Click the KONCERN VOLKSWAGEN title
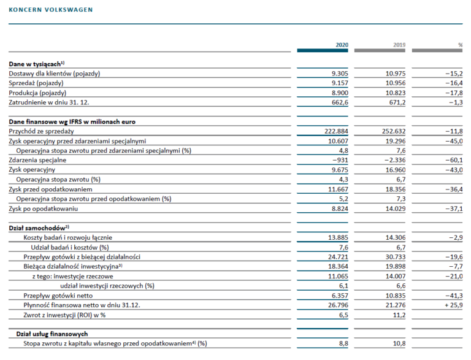(51, 10)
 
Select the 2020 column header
(342, 45)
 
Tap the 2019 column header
(399, 45)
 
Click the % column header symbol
(460, 45)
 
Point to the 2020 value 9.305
(340, 74)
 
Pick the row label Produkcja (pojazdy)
(37, 93)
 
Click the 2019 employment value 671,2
(397, 102)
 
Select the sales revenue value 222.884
(336, 131)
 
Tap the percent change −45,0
(454, 141)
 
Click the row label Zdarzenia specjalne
(37, 160)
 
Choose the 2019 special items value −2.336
(395, 160)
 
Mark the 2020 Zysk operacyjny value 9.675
(340, 170)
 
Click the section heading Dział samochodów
(39, 228)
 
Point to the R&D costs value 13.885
(338, 237)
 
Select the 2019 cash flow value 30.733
(396, 257)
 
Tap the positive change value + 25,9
(454, 305)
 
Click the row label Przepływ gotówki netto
(58, 296)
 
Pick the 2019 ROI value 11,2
(399, 315)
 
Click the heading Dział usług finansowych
(52, 334)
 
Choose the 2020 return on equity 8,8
(343, 343)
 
